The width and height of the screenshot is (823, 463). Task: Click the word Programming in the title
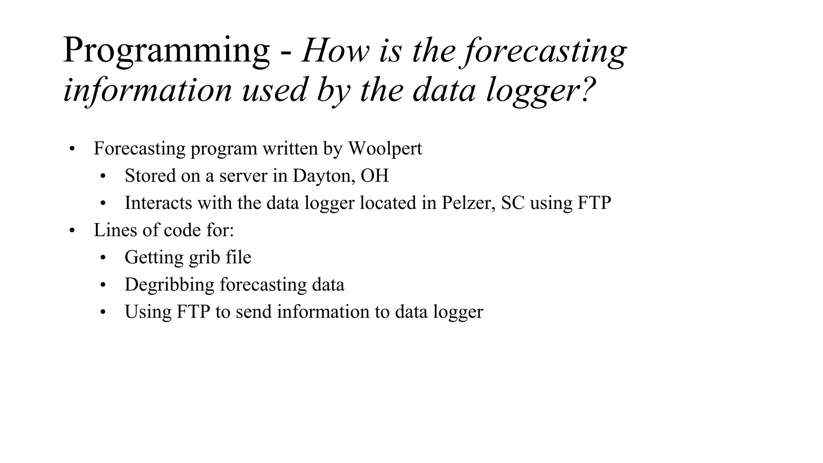coord(166,51)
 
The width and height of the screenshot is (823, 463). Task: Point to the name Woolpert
coord(385,148)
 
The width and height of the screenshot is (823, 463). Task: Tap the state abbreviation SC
coord(513,203)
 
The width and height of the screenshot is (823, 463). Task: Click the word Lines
coord(111,230)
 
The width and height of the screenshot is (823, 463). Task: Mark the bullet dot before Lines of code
coord(72,231)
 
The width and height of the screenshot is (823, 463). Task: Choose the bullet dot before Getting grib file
coord(103,258)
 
